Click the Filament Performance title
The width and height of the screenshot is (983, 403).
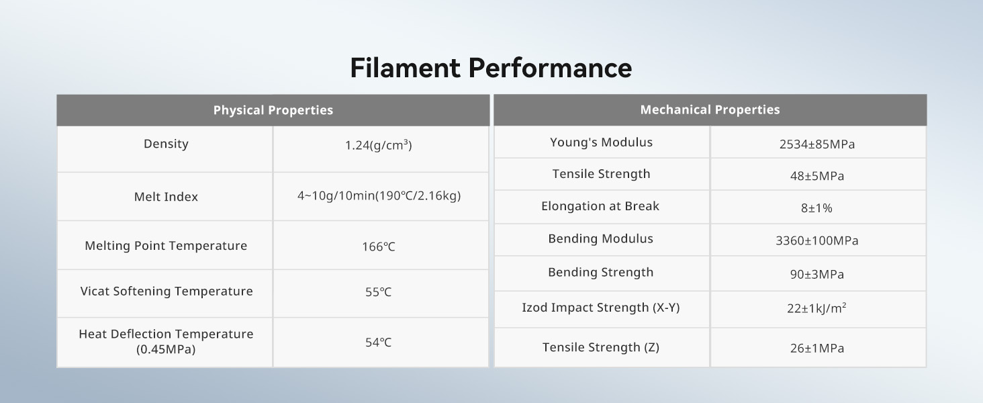point(491,68)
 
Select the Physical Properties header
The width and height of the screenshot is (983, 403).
point(273,110)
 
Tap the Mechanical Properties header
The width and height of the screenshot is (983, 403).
point(710,109)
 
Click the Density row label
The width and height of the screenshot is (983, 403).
point(166,144)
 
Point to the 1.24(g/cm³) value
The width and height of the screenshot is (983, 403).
point(378,145)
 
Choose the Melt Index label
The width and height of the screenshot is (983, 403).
point(166,197)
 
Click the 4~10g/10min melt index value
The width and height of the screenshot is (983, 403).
point(379,195)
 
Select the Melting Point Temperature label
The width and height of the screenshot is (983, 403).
point(166,246)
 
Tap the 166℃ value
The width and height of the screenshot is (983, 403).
point(378,247)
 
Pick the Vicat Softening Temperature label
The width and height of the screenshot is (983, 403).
point(167,292)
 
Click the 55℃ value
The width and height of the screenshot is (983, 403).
point(378,292)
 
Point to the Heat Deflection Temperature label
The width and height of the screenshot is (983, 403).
point(166,341)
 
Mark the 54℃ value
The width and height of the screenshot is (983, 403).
point(378,343)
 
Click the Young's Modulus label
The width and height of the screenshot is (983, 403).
point(601,142)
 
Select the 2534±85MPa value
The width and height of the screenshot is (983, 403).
point(817,144)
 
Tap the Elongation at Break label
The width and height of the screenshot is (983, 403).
point(600,206)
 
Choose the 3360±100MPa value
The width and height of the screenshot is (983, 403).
point(817,240)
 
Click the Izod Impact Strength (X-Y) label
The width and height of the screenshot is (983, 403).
point(601,308)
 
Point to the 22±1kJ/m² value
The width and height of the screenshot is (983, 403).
point(816,308)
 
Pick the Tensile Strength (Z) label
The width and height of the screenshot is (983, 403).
point(601,348)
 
